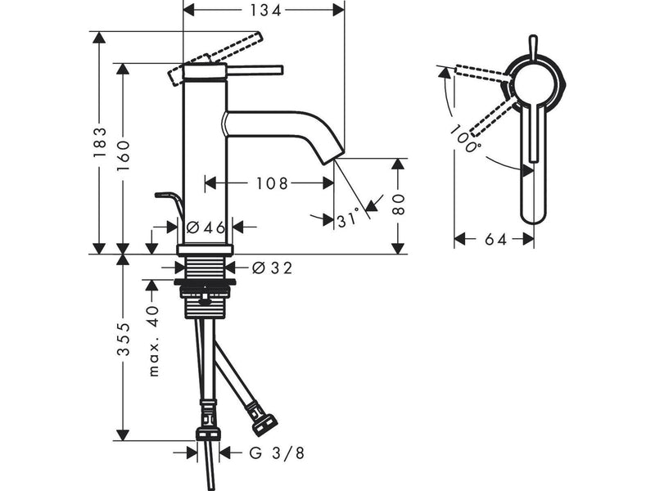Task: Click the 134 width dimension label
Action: click(x=265, y=10)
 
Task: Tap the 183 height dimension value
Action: click(x=100, y=142)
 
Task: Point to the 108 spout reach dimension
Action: click(x=272, y=182)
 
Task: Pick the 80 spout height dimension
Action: click(x=400, y=204)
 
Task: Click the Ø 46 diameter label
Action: click(x=206, y=227)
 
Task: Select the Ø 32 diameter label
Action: click(x=273, y=268)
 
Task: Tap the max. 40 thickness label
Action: click(x=154, y=341)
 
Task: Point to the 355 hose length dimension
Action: click(x=124, y=339)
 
